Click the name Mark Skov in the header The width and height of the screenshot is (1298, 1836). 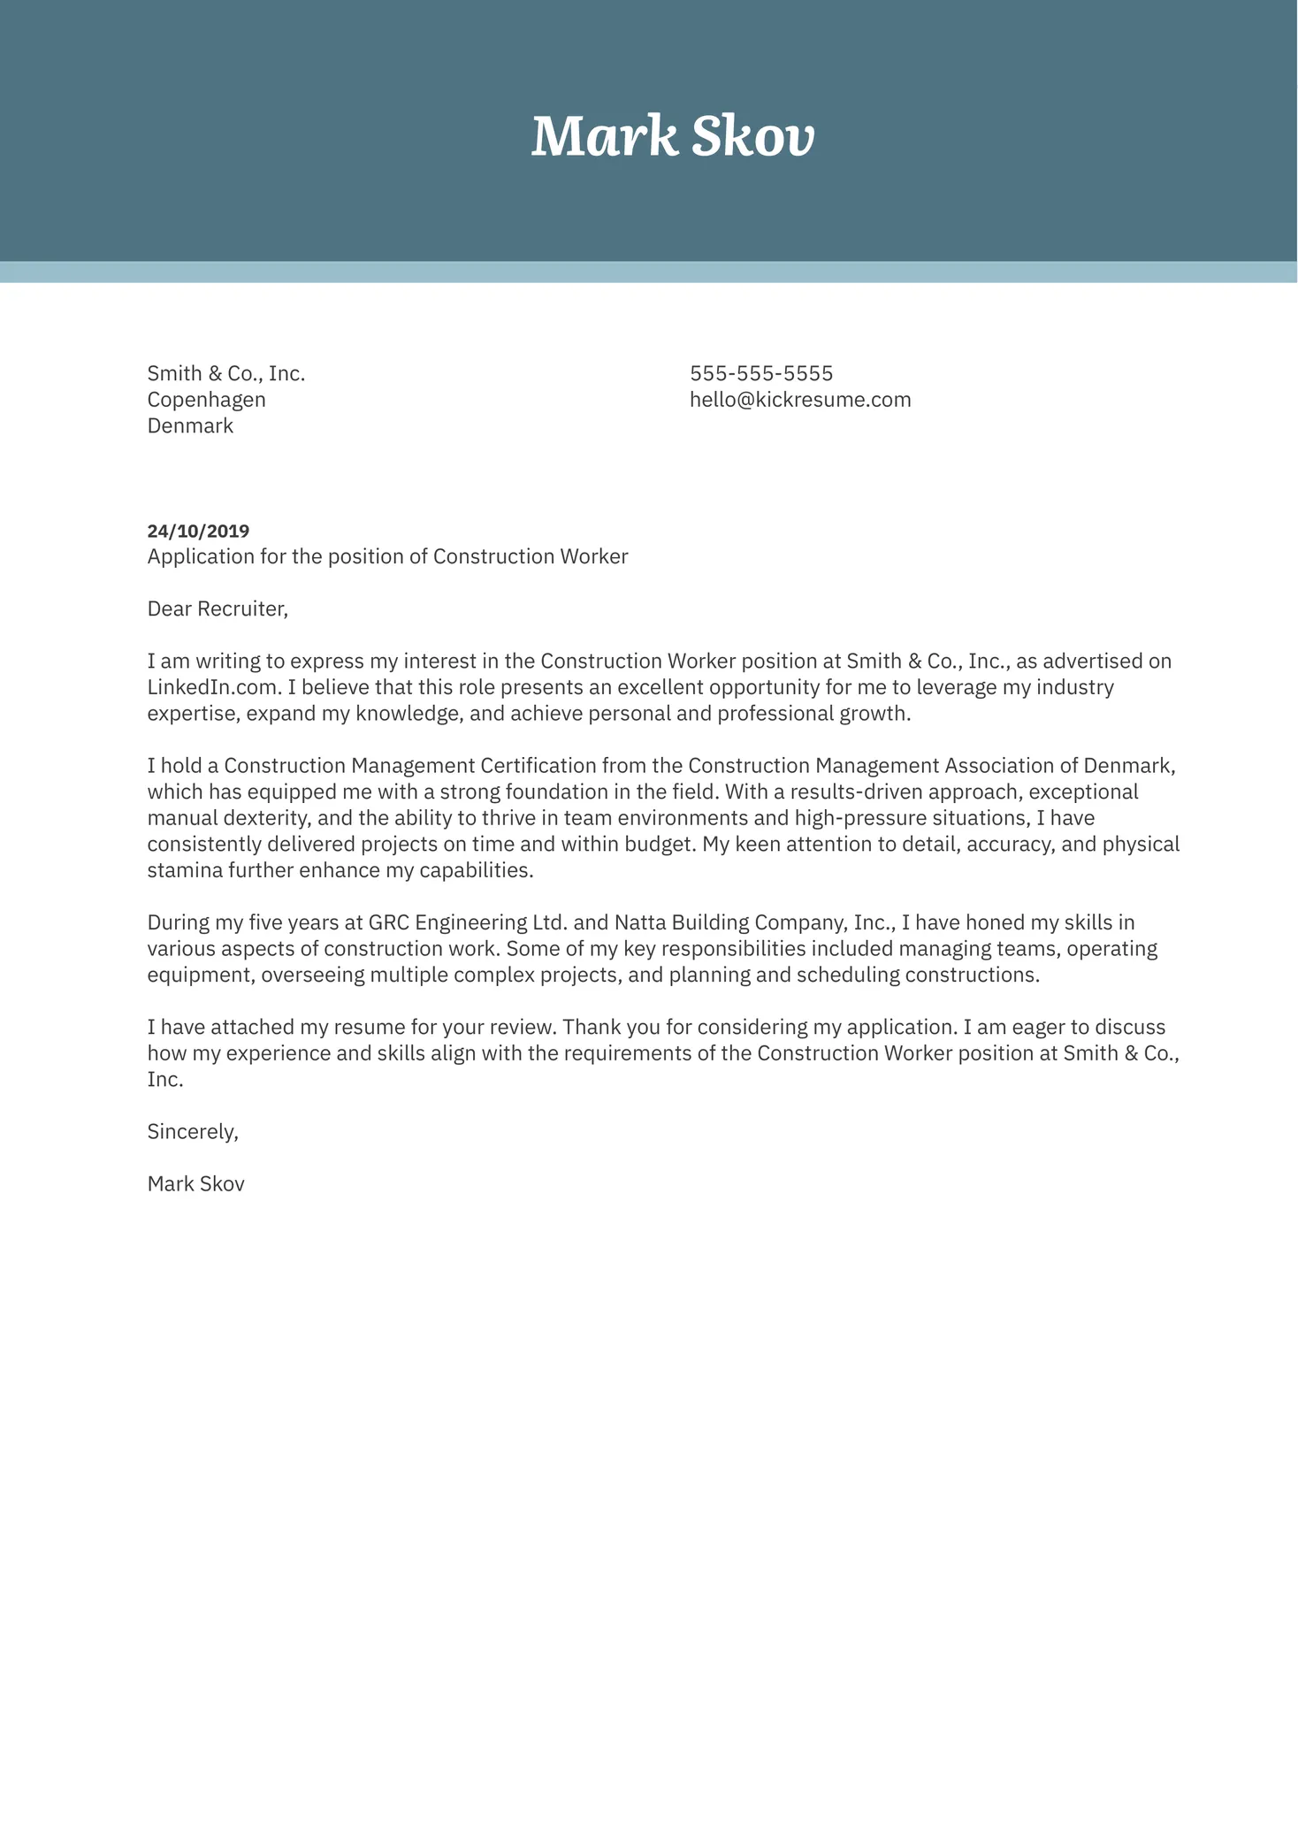(x=672, y=137)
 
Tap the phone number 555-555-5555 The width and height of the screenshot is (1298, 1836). (x=760, y=373)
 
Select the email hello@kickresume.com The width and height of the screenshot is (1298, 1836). (x=799, y=400)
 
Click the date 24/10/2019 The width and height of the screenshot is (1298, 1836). (x=198, y=532)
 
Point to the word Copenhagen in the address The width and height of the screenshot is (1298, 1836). (x=206, y=400)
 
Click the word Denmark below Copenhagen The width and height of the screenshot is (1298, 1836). (x=190, y=426)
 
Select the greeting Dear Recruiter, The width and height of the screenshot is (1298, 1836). (x=218, y=609)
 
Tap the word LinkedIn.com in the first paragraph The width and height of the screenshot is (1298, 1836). (x=212, y=688)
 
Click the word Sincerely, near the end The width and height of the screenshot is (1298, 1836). (x=193, y=1132)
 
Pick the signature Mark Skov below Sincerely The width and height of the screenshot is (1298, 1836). (x=195, y=1184)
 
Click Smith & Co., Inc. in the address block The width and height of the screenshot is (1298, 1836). (x=225, y=373)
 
